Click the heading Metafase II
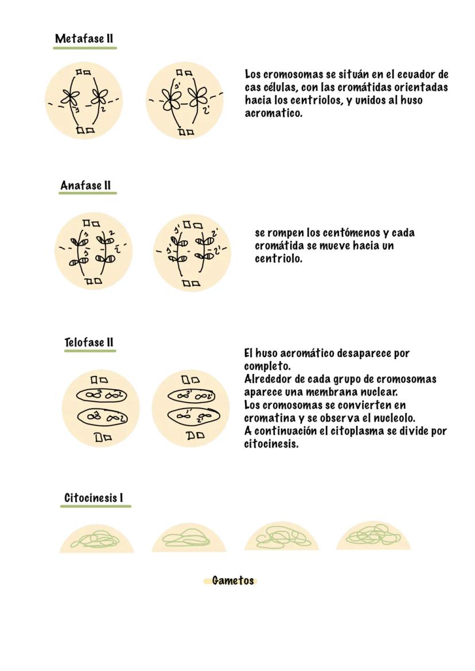click(84, 39)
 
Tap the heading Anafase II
click(85, 186)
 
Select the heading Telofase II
click(89, 343)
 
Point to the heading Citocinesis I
click(94, 497)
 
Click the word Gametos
click(232, 580)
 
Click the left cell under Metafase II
click(84, 101)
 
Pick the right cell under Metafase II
click(184, 101)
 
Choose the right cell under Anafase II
click(192, 252)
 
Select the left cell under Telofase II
click(100, 407)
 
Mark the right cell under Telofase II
click(191, 407)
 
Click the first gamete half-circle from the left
click(96, 540)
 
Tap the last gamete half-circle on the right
click(373, 537)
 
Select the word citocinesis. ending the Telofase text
click(271, 444)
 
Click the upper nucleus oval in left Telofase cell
click(102, 395)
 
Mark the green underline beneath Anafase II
click(87, 193)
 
